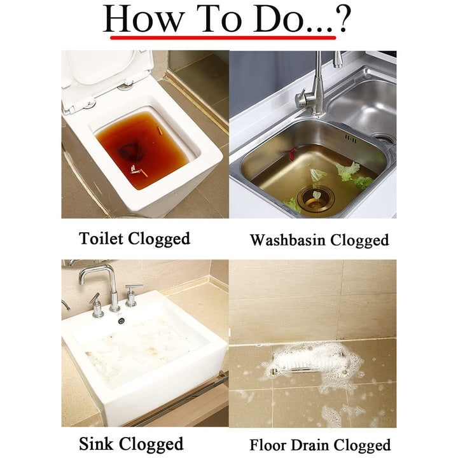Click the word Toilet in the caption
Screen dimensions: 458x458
point(101,238)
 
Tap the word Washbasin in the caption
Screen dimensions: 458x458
point(288,240)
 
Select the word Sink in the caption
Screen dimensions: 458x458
point(96,443)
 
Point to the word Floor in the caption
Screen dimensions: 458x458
point(268,445)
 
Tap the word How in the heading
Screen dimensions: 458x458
point(143,19)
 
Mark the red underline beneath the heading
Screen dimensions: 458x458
point(223,38)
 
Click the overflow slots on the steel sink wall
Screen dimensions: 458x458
point(350,138)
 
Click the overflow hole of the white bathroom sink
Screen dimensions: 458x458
point(121,321)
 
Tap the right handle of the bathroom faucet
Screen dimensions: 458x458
point(132,296)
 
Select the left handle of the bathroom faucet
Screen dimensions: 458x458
point(96,305)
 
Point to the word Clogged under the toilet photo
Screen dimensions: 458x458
point(159,239)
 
